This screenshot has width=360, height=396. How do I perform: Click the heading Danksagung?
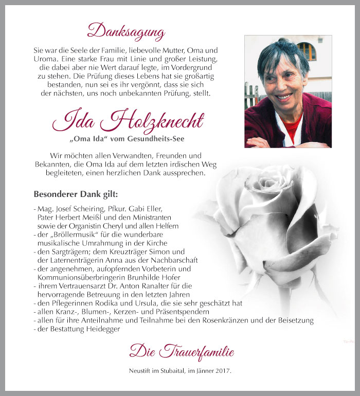[x=126, y=31]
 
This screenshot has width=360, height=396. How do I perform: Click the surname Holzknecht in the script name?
[x=159, y=121]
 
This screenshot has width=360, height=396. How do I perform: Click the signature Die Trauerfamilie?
[x=182, y=352]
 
